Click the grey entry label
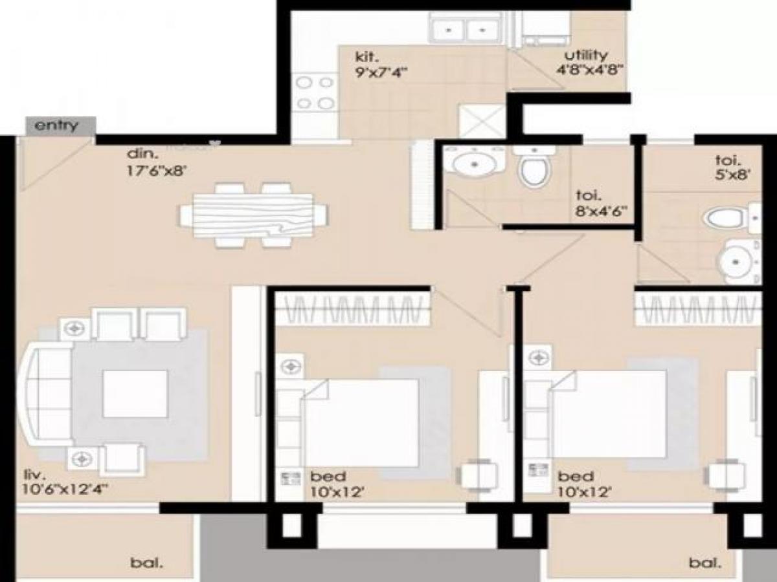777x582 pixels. click(x=56, y=125)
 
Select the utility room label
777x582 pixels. click(x=585, y=54)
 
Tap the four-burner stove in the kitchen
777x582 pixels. click(x=315, y=92)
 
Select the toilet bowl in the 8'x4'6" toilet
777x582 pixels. click(x=535, y=167)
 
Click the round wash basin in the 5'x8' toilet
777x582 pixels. click(x=739, y=261)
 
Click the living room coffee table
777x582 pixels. click(x=135, y=395)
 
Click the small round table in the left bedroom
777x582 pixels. click(x=479, y=475)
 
